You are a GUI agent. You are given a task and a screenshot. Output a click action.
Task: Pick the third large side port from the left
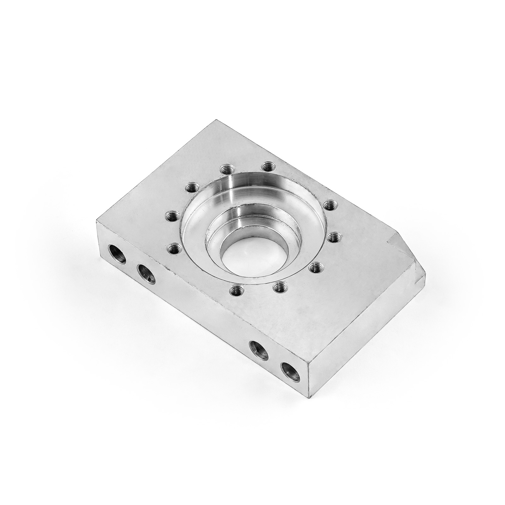pyautogui.click(x=259, y=351)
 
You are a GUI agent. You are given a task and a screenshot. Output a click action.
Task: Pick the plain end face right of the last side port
pyautogui.click(x=363, y=331)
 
